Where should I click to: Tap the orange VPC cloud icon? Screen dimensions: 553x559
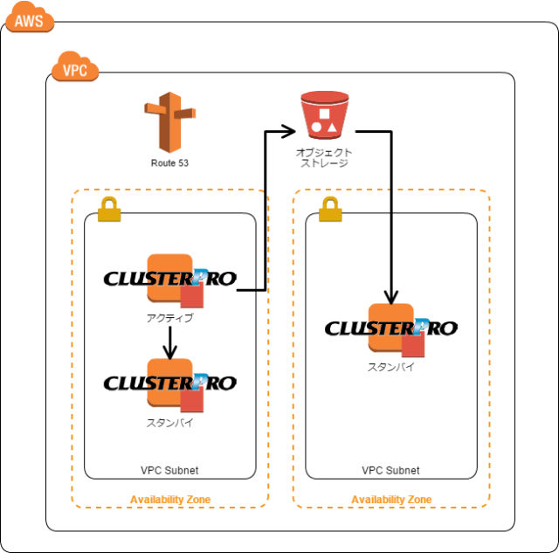(x=74, y=67)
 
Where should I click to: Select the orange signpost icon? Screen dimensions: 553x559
(x=169, y=121)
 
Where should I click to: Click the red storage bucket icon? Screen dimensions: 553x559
(x=324, y=114)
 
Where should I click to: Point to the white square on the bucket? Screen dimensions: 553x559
(x=324, y=114)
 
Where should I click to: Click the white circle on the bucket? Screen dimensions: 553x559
(x=316, y=128)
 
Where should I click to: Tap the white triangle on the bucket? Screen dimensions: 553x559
(x=332, y=128)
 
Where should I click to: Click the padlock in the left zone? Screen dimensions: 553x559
(x=109, y=210)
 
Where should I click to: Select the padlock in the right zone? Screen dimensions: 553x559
(x=330, y=210)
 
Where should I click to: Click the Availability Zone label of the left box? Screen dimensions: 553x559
(x=170, y=500)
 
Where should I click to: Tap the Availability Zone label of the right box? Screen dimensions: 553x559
(x=391, y=500)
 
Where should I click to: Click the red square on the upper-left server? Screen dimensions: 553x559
(x=192, y=296)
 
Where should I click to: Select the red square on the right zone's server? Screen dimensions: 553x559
(x=413, y=346)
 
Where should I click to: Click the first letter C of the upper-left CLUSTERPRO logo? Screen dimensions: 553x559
(x=111, y=280)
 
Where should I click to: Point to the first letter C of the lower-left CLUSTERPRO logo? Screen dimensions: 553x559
(x=111, y=384)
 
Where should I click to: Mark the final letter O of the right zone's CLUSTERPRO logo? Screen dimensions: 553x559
(x=449, y=329)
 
